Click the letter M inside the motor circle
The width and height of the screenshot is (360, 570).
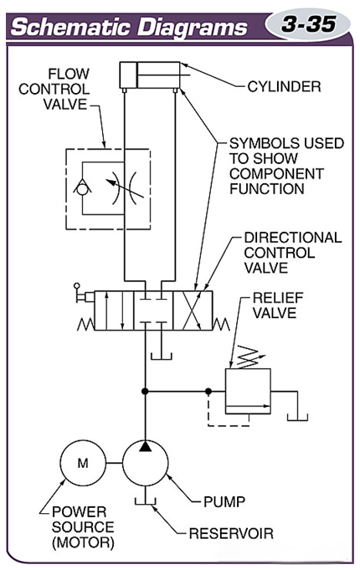pos(83,463)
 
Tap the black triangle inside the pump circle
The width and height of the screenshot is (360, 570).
pos(145,446)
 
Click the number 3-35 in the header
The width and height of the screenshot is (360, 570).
pos(308,24)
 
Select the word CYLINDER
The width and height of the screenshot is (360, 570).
pos(284,86)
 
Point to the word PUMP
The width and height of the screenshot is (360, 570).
pos(224,501)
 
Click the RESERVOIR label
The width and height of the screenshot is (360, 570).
pos(231,533)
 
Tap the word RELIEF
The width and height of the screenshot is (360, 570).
pos(278,298)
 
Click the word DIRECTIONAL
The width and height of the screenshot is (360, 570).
pos(293,238)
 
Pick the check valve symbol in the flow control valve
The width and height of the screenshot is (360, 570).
pos(83,187)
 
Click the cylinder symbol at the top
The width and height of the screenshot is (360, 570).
pos(150,75)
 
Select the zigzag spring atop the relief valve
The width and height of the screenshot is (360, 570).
pos(249,358)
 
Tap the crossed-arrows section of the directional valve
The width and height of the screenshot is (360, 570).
pos(192,310)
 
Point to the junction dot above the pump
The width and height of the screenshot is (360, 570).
pos(145,391)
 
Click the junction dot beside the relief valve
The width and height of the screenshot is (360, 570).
pos(208,391)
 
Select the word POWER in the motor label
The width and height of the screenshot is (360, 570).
pos(79,511)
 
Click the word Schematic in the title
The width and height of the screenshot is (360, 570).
pos(69,28)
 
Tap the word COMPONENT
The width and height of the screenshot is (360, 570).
pos(276,173)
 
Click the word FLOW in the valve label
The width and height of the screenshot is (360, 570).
pos(69,74)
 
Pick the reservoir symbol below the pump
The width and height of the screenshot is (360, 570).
pos(145,501)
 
